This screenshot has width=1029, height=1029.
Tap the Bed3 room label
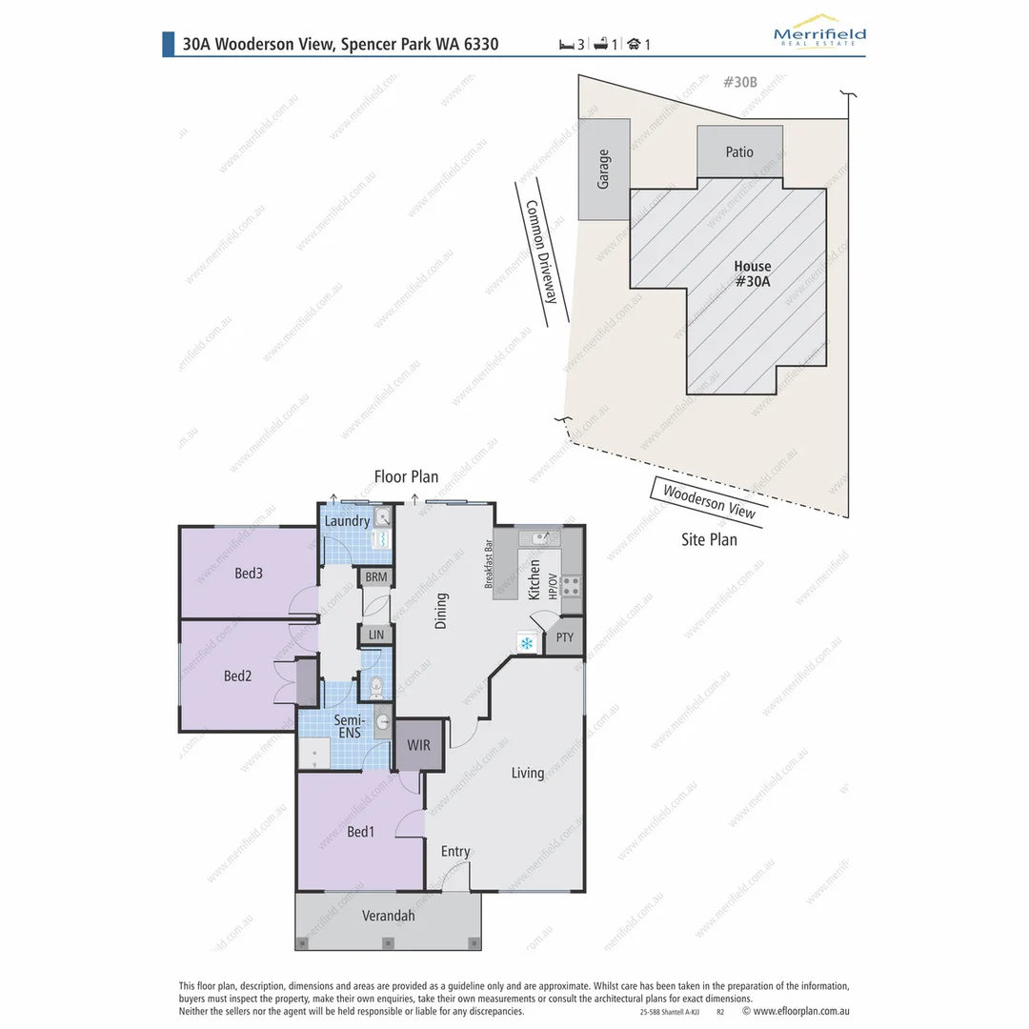click(x=248, y=574)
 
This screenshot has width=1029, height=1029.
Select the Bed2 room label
click(x=237, y=676)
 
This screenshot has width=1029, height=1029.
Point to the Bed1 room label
click(x=360, y=832)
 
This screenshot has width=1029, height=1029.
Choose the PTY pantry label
click(x=565, y=637)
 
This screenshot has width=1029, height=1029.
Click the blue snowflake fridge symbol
click(x=526, y=644)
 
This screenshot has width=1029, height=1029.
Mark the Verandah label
click(x=388, y=917)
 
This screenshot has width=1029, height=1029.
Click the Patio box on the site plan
click(x=739, y=151)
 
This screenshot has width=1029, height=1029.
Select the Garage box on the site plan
click(x=603, y=170)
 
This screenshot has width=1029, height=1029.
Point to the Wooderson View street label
click(x=709, y=501)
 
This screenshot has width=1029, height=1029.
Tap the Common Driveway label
click(x=540, y=252)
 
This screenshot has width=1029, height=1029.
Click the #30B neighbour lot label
click(x=739, y=82)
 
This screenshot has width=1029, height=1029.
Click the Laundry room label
click(x=347, y=521)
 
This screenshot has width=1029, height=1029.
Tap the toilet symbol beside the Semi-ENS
click(x=375, y=685)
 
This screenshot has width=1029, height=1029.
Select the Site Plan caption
click(x=708, y=539)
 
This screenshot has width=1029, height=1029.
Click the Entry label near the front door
click(x=454, y=852)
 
